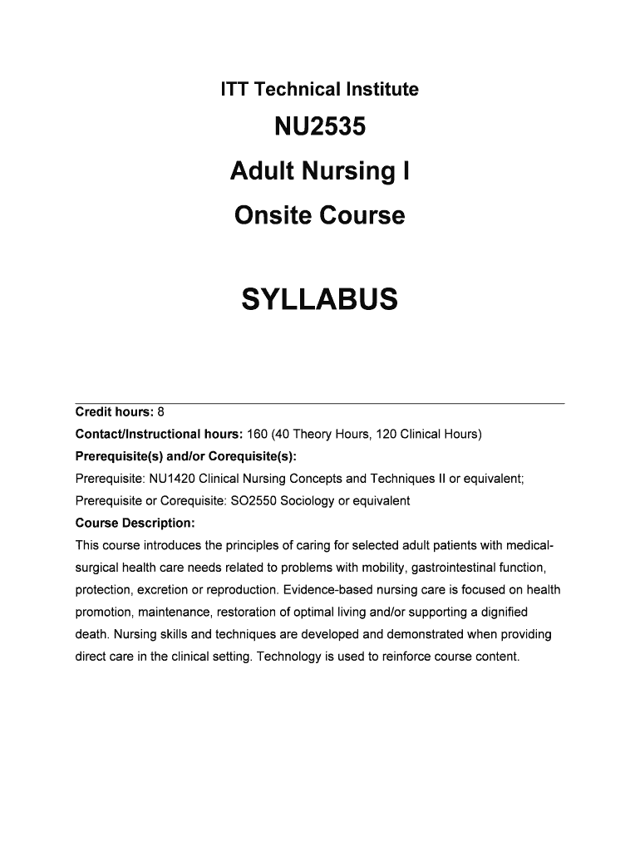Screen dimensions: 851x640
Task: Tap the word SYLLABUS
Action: pyautogui.click(x=319, y=299)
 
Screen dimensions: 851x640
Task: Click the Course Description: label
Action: pyautogui.click(x=135, y=524)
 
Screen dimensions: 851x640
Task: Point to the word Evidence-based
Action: pyautogui.click(x=327, y=590)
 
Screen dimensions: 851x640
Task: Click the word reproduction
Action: pyautogui.click(x=240, y=590)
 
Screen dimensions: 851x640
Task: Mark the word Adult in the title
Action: pyautogui.click(x=256, y=172)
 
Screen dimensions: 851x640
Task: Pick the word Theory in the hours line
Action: pyautogui.click(x=313, y=435)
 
